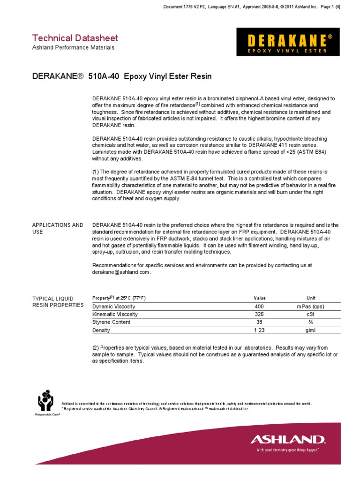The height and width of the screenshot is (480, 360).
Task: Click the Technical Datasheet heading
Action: pyautogui.click(x=75, y=38)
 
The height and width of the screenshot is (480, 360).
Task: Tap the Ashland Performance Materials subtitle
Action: pyautogui.click(x=73, y=48)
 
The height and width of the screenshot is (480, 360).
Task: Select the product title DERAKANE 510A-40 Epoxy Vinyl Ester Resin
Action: pyautogui.click(x=122, y=77)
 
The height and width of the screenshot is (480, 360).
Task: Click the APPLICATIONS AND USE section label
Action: pyautogui.click(x=57, y=228)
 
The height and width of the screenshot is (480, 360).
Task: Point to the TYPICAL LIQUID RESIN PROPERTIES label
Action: pyautogui.click(x=58, y=302)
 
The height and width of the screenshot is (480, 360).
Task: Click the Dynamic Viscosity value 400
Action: pyautogui.click(x=259, y=307)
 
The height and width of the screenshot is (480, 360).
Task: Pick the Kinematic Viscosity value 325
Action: pyautogui.click(x=259, y=315)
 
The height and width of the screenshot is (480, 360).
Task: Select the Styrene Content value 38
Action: pyautogui.click(x=259, y=322)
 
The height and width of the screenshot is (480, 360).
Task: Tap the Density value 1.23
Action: pyautogui.click(x=259, y=330)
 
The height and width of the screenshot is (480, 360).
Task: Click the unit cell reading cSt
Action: pyautogui.click(x=307, y=315)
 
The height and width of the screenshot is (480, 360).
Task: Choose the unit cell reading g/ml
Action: pyautogui.click(x=307, y=330)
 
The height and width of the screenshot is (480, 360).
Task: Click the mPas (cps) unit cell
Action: pyautogui.click(x=307, y=307)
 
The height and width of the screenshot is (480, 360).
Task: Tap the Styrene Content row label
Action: pyautogui.click(x=112, y=322)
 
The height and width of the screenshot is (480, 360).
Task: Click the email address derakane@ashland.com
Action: pyautogui.click(x=121, y=272)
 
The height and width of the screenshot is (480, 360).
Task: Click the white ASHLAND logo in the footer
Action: pyautogui.click(x=287, y=440)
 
